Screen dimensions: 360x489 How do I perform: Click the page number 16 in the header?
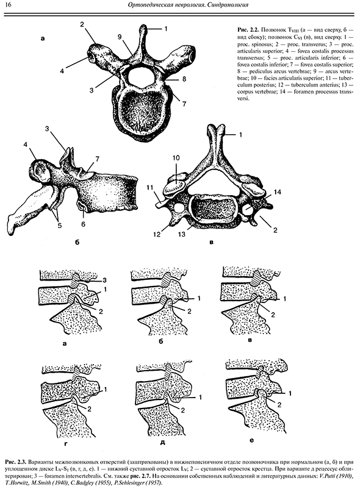[x=9, y=5]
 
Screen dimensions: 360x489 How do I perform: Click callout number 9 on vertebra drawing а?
[x=120, y=37]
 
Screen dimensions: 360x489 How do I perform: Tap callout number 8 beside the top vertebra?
[x=184, y=79]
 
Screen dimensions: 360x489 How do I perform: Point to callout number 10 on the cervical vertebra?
[x=176, y=159]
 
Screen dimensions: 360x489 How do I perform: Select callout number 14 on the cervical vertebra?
[x=277, y=192]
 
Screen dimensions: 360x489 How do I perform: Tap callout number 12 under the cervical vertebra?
[x=157, y=234]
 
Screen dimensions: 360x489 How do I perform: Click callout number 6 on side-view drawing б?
[x=84, y=224]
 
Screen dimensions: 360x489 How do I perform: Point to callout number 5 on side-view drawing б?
[x=60, y=225]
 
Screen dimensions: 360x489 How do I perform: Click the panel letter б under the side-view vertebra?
[x=77, y=243]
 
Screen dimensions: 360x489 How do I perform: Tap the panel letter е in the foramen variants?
[x=251, y=440]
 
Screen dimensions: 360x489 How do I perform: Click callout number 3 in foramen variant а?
[x=105, y=279]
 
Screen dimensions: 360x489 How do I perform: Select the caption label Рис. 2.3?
[x=15, y=461]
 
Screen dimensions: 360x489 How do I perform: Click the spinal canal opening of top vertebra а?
[x=140, y=77]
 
